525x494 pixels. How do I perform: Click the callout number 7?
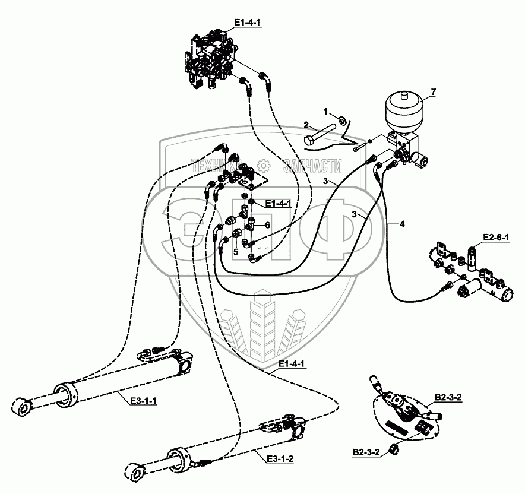tap(434, 91)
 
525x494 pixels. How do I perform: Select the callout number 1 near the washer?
tap(325, 111)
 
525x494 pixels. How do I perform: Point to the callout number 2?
tap(306, 125)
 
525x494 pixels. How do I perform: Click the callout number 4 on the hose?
tap(402, 224)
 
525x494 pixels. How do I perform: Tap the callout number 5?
tap(235, 251)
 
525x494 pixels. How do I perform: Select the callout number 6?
tap(268, 225)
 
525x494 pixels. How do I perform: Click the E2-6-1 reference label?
tap(496, 237)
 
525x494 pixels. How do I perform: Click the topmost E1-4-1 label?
tap(248, 23)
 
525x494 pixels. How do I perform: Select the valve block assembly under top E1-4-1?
tap(212, 60)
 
